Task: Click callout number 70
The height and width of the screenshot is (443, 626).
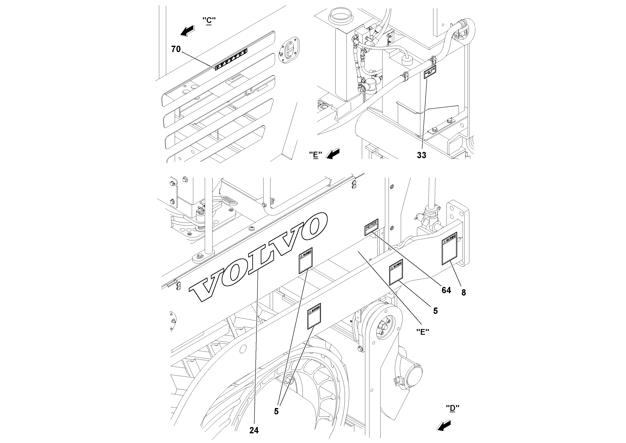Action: click(x=176, y=49)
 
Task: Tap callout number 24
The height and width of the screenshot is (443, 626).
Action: click(x=254, y=430)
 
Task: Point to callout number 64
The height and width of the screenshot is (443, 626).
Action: click(x=446, y=290)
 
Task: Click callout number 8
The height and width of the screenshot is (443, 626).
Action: click(x=463, y=293)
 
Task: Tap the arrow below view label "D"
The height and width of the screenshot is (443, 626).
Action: click(x=444, y=426)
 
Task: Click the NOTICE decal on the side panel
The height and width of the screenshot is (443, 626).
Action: click(x=371, y=227)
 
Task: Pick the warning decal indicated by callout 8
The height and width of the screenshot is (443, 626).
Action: click(x=449, y=249)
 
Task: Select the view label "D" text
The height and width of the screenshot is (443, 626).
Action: click(x=453, y=408)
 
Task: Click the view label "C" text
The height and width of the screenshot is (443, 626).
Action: click(x=209, y=20)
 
